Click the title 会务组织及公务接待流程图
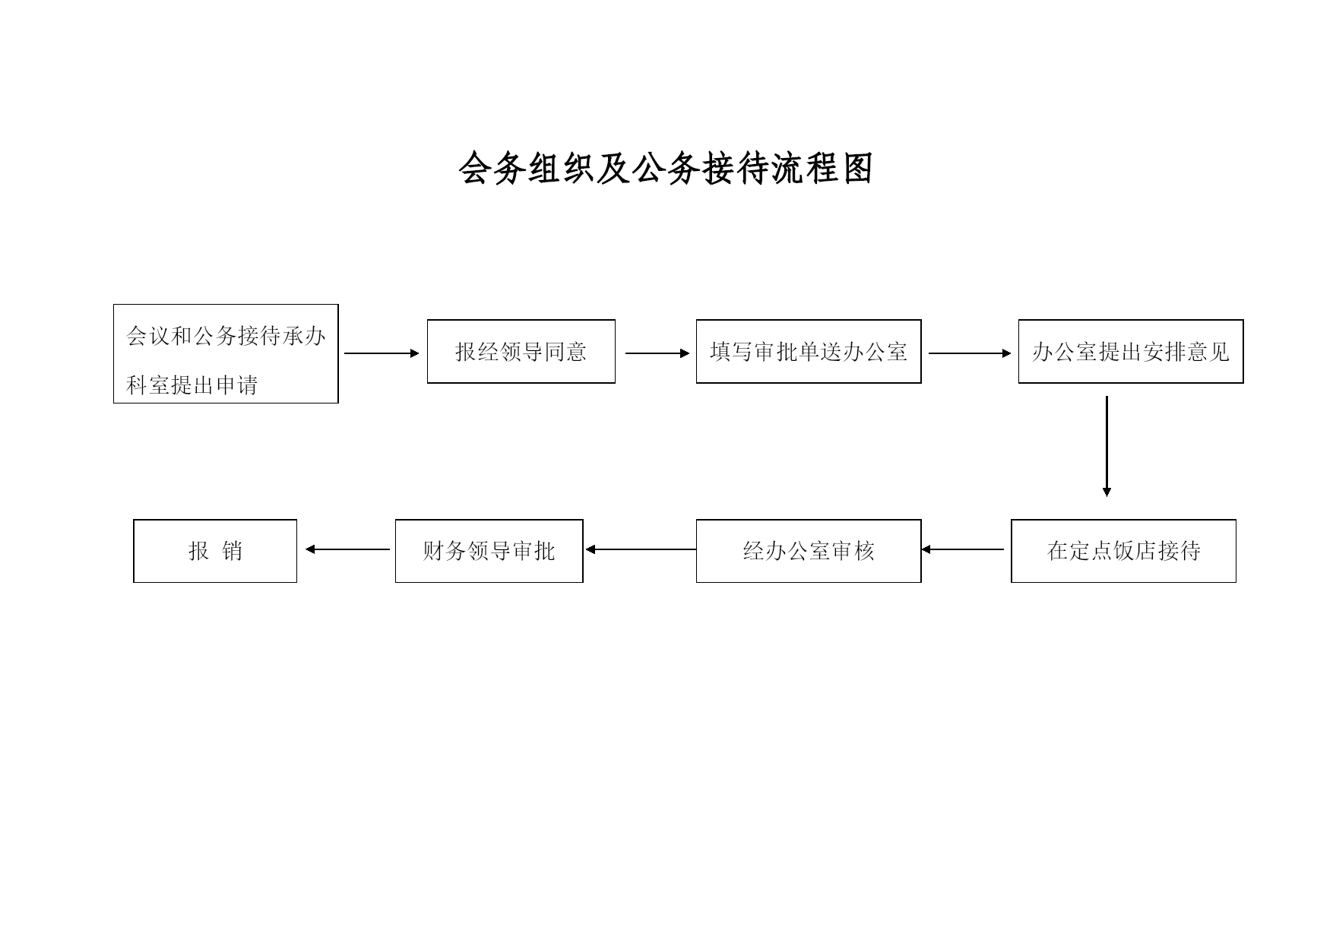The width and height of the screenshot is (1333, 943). point(666,169)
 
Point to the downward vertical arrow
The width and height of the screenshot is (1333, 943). point(1107,446)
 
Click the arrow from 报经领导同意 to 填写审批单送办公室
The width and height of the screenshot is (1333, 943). point(657,353)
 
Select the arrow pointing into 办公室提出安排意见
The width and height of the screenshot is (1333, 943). point(970,353)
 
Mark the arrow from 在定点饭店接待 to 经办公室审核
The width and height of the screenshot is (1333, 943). point(963,549)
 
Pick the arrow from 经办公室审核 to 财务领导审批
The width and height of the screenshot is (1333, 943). point(641,549)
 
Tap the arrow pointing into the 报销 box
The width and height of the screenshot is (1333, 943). point(348,549)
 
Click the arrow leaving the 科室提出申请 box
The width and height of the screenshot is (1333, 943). point(382,353)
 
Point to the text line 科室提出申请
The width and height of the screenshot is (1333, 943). point(192,385)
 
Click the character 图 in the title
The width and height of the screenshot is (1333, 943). point(857,169)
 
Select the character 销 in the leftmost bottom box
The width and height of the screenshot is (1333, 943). point(232,551)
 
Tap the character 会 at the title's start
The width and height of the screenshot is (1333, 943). point(475,169)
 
